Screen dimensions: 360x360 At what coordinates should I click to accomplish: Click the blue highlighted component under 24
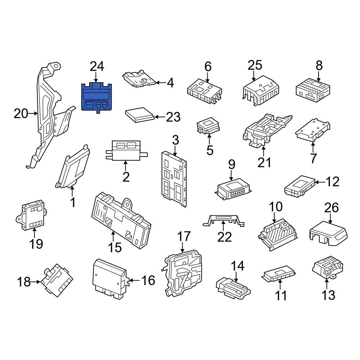point(96,98)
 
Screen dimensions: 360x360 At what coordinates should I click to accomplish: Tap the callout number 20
point(21,114)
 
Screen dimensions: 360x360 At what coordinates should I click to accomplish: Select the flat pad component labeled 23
point(140,115)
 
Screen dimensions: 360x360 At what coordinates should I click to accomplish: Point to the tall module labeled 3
point(174,179)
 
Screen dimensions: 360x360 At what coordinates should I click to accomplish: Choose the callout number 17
point(184,237)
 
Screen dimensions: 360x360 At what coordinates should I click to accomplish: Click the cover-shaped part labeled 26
point(329,233)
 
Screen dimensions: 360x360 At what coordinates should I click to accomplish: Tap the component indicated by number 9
point(233,189)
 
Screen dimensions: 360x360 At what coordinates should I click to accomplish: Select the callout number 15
point(114,248)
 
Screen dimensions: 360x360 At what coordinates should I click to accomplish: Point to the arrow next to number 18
point(36,282)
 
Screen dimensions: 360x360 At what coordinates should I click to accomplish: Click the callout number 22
point(224,237)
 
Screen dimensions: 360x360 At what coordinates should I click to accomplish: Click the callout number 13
point(328,295)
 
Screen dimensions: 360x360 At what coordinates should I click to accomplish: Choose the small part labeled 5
point(208,126)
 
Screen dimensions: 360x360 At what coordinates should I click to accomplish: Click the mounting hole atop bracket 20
point(56,66)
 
